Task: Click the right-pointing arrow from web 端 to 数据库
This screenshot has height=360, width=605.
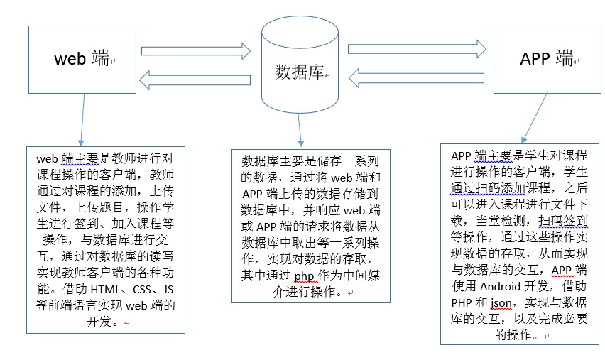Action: (196, 50)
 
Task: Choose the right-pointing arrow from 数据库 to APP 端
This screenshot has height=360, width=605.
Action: (416, 48)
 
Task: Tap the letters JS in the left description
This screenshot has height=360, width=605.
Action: (168, 289)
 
